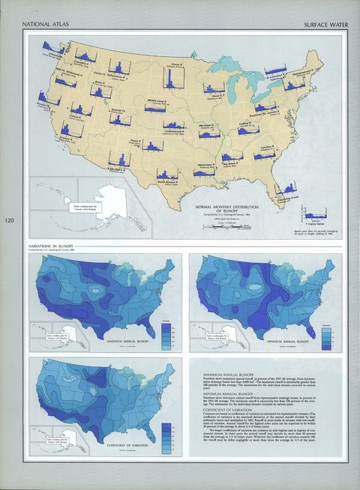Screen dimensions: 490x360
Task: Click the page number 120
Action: [9, 220]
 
